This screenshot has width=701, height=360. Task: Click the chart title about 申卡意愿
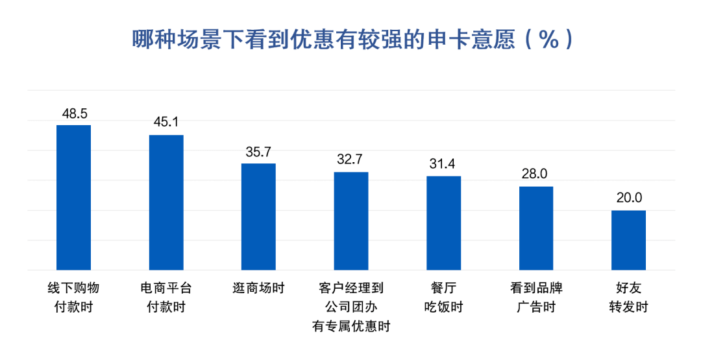[x=351, y=40]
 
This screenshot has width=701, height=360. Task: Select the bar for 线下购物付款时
[x=74, y=197]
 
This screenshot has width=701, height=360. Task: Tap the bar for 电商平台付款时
[x=166, y=202]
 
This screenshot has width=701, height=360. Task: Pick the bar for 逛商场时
[x=258, y=217]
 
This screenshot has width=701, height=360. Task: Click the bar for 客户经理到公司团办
[x=351, y=221]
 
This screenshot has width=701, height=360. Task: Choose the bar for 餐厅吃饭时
[x=443, y=222]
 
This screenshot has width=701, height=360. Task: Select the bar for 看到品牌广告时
[x=536, y=228]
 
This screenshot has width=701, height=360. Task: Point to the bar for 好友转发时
[x=628, y=240]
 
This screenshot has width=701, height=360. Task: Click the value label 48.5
[x=74, y=114]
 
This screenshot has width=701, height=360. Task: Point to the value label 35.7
[x=258, y=152]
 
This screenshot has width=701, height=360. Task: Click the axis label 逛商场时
[x=258, y=287]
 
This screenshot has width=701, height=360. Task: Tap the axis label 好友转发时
[x=628, y=297]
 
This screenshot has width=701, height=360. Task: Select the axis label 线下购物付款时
[x=74, y=297]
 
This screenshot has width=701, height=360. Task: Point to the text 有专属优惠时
[x=351, y=326]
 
